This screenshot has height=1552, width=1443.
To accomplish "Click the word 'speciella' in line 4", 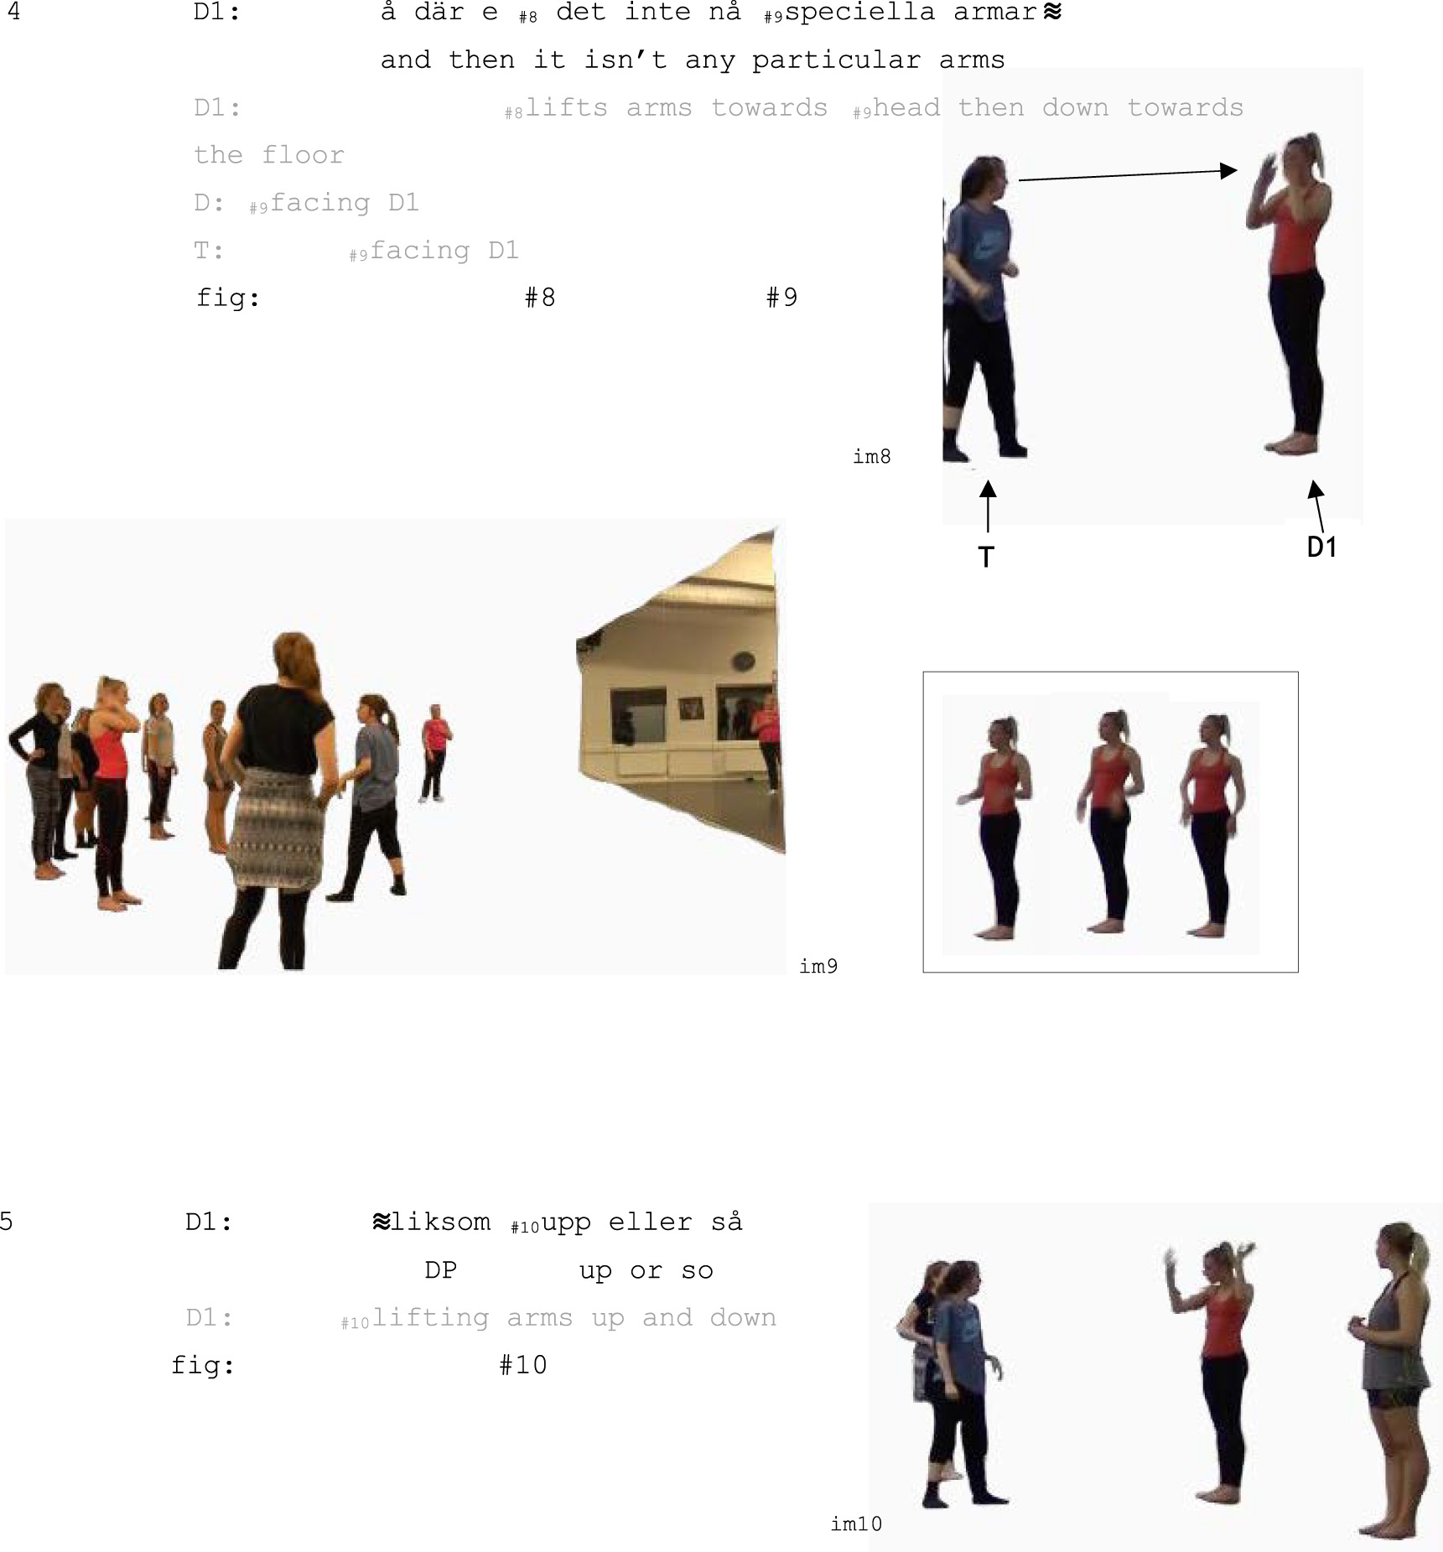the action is tap(859, 13).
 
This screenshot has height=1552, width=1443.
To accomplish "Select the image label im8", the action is tap(872, 456).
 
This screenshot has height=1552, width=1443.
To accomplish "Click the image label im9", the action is tap(818, 966).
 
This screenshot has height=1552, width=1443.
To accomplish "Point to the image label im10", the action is tap(856, 1523).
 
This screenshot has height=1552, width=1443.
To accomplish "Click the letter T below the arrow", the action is tap(987, 558).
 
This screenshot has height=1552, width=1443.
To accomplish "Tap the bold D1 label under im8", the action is tap(1321, 547).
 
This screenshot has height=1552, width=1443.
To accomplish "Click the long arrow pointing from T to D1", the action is tap(1128, 174).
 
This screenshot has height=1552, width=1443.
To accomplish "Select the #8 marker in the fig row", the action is tap(540, 298).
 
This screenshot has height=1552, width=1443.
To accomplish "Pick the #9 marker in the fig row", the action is tap(781, 298).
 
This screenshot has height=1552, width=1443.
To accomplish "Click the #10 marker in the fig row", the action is tap(522, 1365).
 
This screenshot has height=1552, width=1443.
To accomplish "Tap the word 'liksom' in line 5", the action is tap(440, 1222).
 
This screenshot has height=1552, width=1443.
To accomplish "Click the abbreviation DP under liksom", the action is tap(440, 1270).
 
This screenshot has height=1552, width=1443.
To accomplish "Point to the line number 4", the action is tap(13, 12).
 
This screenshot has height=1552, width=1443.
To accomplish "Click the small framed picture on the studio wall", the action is tap(691, 709).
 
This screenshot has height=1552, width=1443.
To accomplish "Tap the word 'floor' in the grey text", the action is tap(303, 155).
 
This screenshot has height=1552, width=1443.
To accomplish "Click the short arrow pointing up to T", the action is tap(988, 506).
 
